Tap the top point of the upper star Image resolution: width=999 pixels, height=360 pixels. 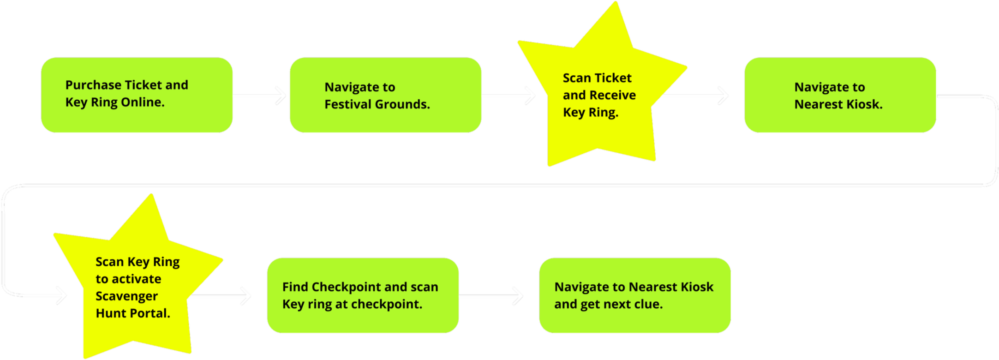[616, 2]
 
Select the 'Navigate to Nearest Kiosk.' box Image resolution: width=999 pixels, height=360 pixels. [840, 95]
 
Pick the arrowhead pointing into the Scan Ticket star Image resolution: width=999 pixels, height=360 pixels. [531, 95]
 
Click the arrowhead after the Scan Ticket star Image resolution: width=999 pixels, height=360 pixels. [724, 95]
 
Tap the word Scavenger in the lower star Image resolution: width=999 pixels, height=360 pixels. [127, 296]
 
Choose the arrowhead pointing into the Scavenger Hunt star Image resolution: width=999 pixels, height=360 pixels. [62, 295]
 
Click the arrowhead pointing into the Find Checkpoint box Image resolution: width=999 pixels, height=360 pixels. [246, 295]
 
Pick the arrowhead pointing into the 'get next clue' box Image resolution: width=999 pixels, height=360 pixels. [518, 295]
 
